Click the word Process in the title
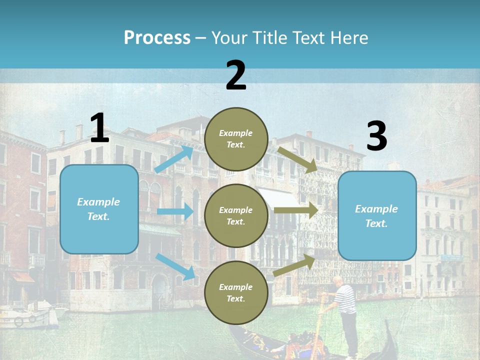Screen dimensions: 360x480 pyautogui.click(x=157, y=37)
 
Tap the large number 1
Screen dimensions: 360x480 pyautogui.click(x=99, y=128)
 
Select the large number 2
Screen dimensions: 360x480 pyautogui.click(x=236, y=75)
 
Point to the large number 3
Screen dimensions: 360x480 pyautogui.click(x=376, y=136)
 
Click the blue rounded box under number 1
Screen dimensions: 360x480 pyautogui.click(x=99, y=209)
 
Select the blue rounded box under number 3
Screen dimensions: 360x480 pyautogui.click(x=377, y=215)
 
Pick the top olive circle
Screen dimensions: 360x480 pyautogui.click(x=236, y=139)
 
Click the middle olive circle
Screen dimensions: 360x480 pyautogui.click(x=236, y=216)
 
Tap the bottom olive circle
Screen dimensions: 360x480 pyautogui.click(x=236, y=293)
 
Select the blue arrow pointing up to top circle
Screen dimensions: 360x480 pyautogui.click(x=174, y=159)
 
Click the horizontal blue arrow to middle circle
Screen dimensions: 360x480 pyautogui.click(x=175, y=211)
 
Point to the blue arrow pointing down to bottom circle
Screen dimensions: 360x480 pyautogui.click(x=175, y=266)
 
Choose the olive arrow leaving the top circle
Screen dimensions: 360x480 pyautogui.click(x=298, y=159)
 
